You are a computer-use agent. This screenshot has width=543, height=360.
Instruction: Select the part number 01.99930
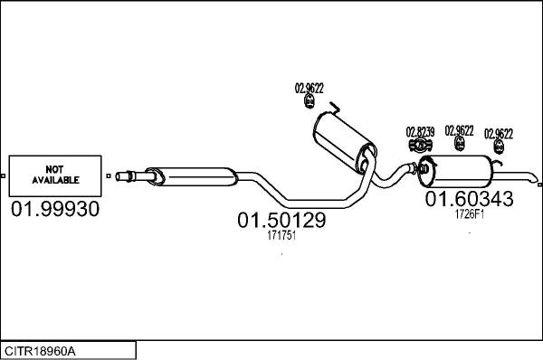[54, 209]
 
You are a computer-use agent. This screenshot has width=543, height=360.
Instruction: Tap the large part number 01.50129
[281, 220]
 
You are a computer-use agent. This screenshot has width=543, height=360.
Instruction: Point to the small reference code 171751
[281, 235]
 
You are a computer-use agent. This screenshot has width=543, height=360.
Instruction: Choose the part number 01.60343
[470, 198]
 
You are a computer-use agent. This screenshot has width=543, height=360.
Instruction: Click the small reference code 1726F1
[469, 213]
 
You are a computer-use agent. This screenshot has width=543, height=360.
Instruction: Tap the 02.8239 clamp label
[420, 131]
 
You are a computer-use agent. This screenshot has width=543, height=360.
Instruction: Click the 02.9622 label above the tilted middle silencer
[309, 88]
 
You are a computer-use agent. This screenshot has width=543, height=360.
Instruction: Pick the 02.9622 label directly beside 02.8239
[459, 130]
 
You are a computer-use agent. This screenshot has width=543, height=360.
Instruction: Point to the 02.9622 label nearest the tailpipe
[499, 134]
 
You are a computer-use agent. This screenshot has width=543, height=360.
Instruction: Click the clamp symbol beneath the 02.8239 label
[420, 145]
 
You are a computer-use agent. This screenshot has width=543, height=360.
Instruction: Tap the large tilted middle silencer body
[343, 143]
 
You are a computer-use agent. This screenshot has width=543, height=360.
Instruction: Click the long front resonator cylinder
[189, 173]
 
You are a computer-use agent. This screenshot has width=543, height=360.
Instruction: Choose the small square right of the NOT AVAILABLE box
[108, 175]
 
